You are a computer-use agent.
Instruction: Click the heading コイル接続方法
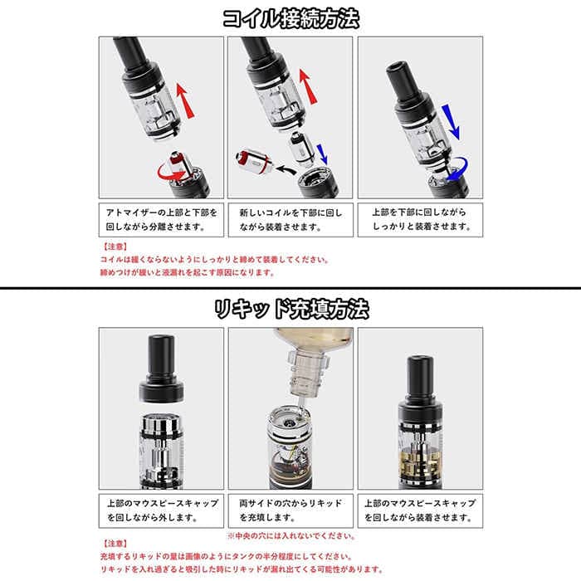(290, 18)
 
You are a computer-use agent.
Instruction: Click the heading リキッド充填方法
(291, 309)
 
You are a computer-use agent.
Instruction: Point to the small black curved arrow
(286, 169)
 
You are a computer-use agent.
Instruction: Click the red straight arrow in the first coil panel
(185, 100)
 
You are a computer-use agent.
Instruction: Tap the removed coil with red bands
(255, 161)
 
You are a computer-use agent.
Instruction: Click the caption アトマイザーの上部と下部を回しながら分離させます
(162, 219)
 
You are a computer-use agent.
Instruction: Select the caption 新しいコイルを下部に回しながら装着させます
(290, 220)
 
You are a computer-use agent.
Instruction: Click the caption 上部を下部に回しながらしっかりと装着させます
(421, 219)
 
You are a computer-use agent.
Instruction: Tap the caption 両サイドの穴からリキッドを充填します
(290, 510)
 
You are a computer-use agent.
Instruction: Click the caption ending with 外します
(163, 510)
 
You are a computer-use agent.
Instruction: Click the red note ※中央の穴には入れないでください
(291, 536)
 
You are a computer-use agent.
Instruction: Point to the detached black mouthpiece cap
(162, 369)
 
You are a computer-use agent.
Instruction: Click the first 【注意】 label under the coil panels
(115, 247)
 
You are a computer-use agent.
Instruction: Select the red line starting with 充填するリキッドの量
(226, 557)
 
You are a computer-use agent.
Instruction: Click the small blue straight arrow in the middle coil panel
(322, 154)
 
